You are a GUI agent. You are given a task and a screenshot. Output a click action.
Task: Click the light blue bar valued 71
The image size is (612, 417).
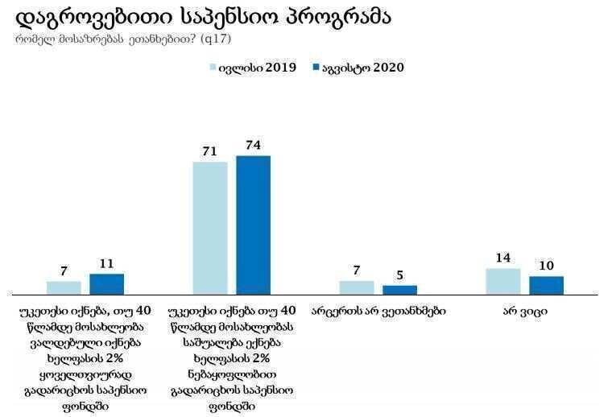tap(210, 228)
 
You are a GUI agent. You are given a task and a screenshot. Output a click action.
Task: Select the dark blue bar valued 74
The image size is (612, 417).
tap(253, 225)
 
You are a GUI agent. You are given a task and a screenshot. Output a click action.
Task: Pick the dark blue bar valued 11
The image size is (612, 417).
tap(106, 283)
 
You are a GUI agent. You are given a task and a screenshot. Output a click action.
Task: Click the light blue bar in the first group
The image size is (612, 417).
tap(64, 287)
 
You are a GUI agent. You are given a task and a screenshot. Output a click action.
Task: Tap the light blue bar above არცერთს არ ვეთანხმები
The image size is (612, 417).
tap(357, 287)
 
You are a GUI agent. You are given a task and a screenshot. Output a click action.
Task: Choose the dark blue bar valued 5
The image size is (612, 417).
tap(399, 289)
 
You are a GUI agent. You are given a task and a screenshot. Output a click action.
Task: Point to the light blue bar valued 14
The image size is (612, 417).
tap(503, 281)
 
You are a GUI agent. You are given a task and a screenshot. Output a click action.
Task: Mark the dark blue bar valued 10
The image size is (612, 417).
tap(546, 284)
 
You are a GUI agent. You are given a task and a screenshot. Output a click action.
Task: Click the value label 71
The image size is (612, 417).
tap(210, 152)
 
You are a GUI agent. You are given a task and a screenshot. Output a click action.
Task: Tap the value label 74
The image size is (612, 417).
tap(253, 146)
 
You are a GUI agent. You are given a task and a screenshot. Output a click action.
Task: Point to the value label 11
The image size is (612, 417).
tap(106, 264)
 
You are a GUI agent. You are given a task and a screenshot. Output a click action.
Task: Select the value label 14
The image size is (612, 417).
tap(503, 258)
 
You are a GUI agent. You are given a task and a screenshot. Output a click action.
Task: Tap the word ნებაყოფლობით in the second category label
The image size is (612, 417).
tap(232, 374)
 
